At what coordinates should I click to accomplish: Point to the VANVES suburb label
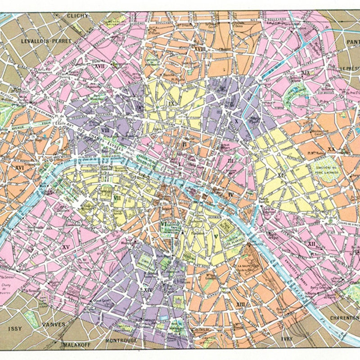tap(54, 324)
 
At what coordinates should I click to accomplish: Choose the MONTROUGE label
tap(121, 340)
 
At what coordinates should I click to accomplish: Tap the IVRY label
tap(286, 338)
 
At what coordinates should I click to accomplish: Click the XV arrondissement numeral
tap(66, 247)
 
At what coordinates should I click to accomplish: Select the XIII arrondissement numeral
tap(241, 304)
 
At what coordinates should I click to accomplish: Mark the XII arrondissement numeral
tap(311, 243)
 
